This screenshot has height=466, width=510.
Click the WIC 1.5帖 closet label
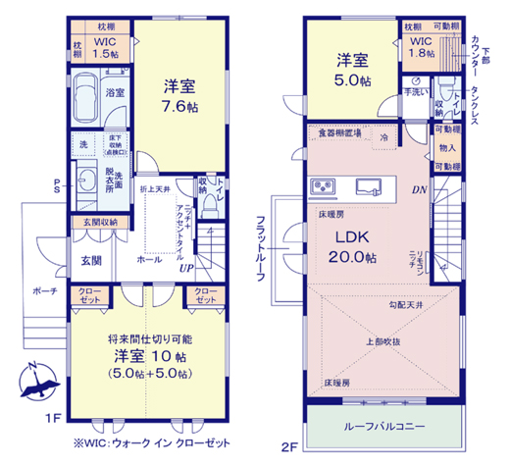(x=104, y=50)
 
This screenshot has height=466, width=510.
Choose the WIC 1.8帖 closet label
(x=420, y=49)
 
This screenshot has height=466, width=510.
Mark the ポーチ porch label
(x=44, y=291)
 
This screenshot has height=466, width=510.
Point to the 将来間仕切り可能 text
(x=144, y=337)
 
